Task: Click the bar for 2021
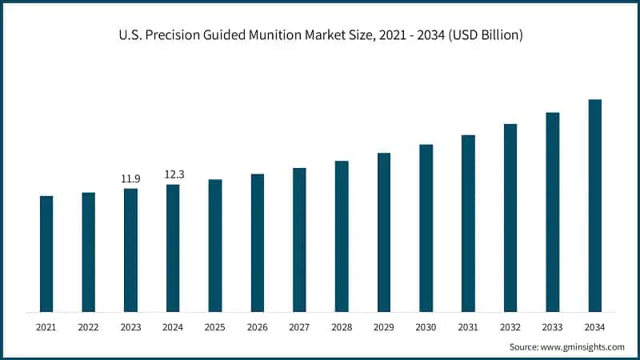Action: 46,254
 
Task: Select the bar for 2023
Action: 130,250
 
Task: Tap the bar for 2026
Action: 258,242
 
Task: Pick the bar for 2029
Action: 384,232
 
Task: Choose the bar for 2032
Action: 510,218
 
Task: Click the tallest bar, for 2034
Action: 594,206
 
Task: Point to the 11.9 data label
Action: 130,178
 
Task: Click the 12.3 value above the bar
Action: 174,174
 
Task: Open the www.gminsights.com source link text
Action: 582,347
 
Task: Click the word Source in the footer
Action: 524,347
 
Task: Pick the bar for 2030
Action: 426,228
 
